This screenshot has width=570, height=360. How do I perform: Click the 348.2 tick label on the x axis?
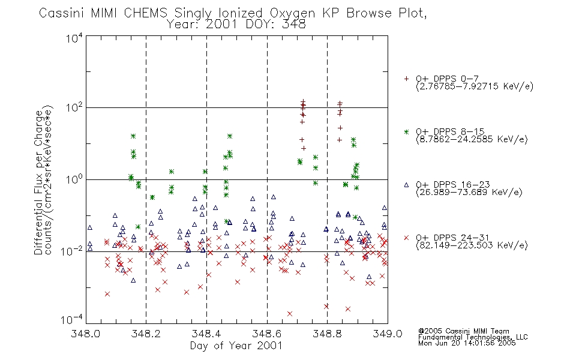[x=146, y=334]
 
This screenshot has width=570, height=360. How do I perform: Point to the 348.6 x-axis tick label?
[x=267, y=334]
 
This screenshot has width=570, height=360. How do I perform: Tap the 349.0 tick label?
[x=388, y=334]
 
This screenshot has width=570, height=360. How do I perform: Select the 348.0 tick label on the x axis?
[x=86, y=334]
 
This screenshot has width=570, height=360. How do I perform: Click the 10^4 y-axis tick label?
[x=74, y=38]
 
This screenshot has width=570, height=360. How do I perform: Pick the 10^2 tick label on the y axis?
[x=74, y=107]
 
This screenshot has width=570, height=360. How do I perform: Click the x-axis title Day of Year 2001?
[x=236, y=346]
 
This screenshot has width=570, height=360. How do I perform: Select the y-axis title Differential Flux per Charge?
[x=38, y=182]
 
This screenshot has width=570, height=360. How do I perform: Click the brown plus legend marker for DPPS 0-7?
[x=406, y=79]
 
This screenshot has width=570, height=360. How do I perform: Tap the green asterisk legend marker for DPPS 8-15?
[x=406, y=131]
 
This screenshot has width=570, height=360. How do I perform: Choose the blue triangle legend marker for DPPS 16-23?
[x=406, y=185]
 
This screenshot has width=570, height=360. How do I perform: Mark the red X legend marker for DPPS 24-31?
[x=406, y=238]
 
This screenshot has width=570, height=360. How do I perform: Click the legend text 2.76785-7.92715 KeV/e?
[x=475, y=86]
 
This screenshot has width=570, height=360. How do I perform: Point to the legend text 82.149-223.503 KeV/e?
[x=472, y=245]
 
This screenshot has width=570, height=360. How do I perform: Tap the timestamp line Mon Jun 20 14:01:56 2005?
[x=467, y=343]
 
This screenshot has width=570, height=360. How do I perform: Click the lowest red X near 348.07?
[x=107, y=294]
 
